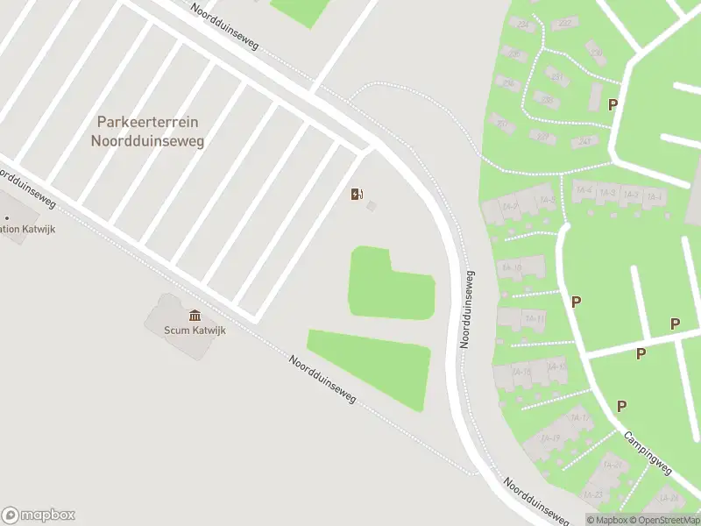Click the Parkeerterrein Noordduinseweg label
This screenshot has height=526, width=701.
(x=147, y=131)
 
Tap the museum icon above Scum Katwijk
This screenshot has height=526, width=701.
(x=195, y=316)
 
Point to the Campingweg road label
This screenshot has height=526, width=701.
(x=648, y=452)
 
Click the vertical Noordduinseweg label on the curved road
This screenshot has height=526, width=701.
(x=470, y=309)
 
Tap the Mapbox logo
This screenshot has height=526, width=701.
(x=39, y=515)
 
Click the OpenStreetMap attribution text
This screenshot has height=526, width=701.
(x=663, y=520)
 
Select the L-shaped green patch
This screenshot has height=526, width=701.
(x=386, y=285)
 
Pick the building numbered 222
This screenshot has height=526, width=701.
(x=564, y=24)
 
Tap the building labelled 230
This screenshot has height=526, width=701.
(x=597, y=53)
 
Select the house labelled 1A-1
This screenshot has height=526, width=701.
(x=654, y=195)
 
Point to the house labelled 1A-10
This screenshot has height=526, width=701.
(x=513, y=268)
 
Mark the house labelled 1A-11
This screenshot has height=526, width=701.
(x=535, y=319)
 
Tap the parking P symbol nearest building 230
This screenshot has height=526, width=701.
(x=613, y=104)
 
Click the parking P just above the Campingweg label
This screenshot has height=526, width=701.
(x=621, y=406)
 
